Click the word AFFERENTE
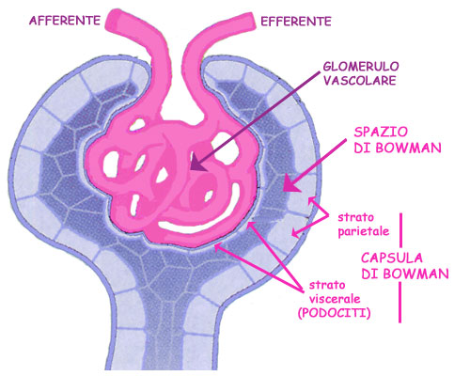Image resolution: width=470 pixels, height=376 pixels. click(x=65, y=21)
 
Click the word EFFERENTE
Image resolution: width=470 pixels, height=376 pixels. click(x=296, y=22)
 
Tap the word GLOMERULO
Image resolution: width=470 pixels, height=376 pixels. click(x=361, y=67)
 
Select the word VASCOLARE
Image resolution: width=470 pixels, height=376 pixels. click(x=360, y=81)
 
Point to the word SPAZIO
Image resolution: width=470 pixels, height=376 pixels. click(x=381, y=132)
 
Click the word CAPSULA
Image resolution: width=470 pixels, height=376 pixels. click(x=392, y=258)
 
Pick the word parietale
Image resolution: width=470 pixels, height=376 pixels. click(x=364, y=231)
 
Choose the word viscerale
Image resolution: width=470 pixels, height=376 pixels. click(x=335, y=299)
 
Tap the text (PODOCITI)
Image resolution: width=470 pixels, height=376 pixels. click(x=335, y=313)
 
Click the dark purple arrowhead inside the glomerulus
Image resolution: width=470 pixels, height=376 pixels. click(x=197, y=163)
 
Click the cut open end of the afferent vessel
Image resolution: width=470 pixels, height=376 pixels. click(x=114, y=21)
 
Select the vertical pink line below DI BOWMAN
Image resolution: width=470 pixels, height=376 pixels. click(x=399, y=303)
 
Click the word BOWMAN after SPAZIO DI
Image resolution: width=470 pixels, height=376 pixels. click(x=408, y=148)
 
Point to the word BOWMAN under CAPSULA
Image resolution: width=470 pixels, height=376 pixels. click(x=415, y=274)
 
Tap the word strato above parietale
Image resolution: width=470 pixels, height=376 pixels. click(x=355, y=217)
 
